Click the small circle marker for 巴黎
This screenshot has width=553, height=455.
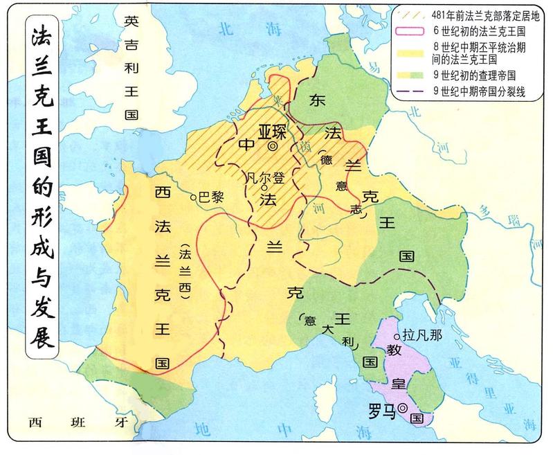click(194, 197)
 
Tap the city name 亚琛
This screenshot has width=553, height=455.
click(271, 131)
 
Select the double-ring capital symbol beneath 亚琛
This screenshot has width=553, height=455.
click(273, 146)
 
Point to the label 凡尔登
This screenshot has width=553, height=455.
click(265, 177)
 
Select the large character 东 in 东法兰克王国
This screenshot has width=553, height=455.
click(318, 99)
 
